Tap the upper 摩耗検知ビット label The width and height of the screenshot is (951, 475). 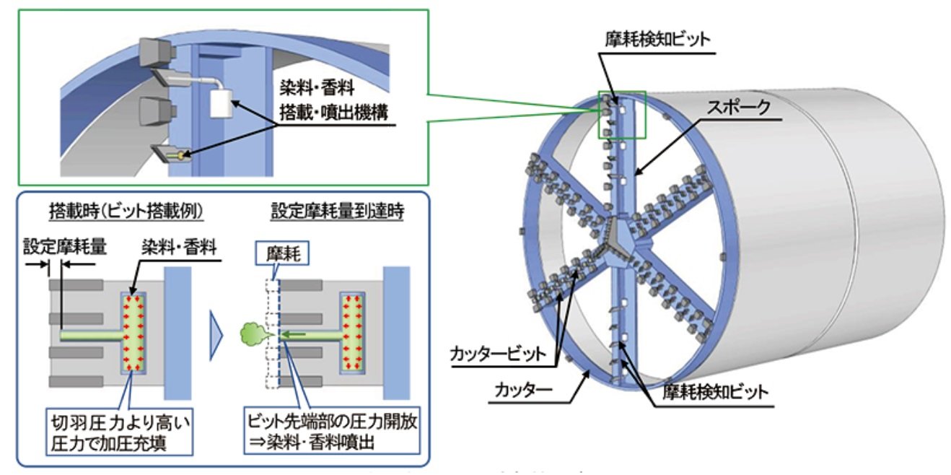657,38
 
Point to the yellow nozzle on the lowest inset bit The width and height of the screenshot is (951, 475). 176,154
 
